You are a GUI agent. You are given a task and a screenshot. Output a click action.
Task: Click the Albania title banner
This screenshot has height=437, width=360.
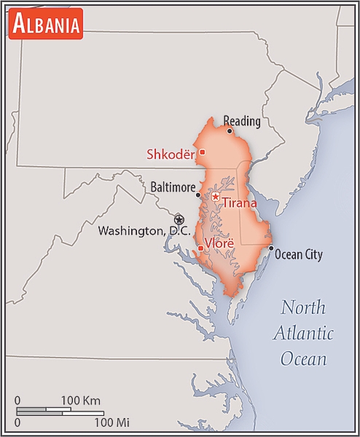46,25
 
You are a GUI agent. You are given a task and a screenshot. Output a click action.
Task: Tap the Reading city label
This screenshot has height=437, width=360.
241,121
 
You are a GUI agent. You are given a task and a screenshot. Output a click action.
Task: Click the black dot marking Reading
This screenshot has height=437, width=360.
230,131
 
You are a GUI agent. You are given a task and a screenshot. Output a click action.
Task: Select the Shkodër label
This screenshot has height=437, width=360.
171,154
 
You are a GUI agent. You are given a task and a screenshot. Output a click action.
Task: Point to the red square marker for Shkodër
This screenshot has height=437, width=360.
202,151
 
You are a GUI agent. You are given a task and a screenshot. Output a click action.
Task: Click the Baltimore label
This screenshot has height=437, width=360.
173,187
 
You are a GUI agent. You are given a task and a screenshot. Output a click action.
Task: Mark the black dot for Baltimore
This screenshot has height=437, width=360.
198,194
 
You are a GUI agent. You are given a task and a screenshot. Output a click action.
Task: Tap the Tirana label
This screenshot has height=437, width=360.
240,203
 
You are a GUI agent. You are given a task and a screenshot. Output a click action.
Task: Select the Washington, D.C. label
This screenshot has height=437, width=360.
144,231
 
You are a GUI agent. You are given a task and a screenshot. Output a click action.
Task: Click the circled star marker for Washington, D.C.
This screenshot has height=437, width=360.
179,219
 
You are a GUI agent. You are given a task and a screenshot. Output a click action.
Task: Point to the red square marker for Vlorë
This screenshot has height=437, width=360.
201,249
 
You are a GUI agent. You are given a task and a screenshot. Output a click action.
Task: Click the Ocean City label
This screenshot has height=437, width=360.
300,255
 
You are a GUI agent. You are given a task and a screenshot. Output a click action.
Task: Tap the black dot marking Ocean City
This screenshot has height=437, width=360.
271,248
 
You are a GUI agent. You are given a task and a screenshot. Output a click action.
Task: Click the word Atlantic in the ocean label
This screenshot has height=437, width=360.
304,334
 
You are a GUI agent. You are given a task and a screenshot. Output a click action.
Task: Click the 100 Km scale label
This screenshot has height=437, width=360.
80,400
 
